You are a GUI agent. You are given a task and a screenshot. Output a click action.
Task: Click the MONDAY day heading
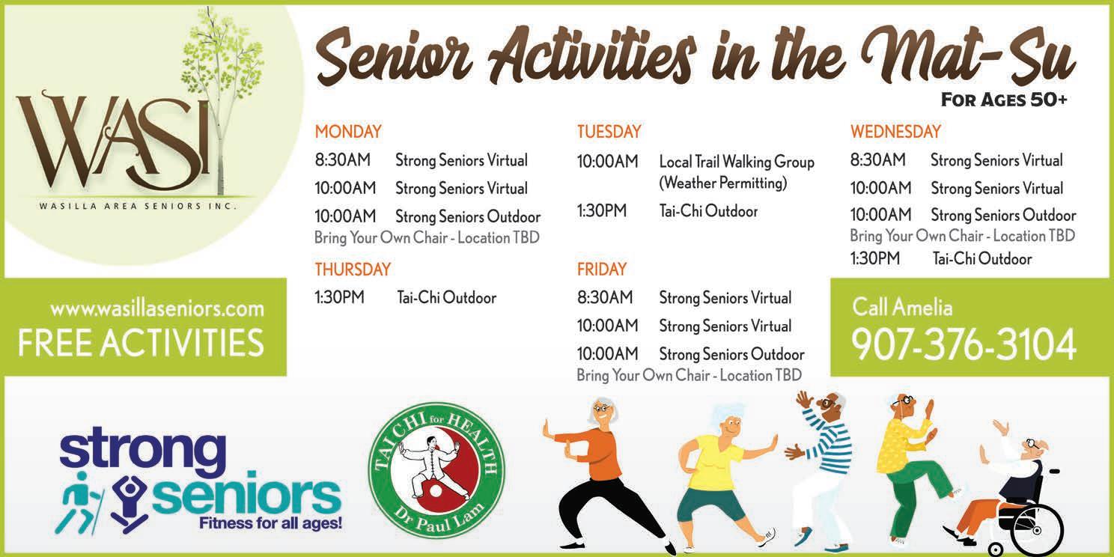(348, 132)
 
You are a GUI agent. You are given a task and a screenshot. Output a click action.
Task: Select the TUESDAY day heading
(609, 132)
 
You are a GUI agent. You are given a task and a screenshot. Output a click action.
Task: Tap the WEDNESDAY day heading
(895, 132)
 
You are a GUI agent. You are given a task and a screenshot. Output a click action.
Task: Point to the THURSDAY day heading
(353, 269)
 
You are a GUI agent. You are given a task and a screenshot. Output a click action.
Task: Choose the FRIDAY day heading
(602, 269)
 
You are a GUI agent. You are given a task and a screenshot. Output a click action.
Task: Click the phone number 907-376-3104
(964, 344)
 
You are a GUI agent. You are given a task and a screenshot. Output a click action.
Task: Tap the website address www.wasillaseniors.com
(157, 309)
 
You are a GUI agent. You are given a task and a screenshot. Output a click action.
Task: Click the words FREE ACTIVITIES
(141, 343)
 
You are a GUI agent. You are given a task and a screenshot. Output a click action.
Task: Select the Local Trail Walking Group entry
(737, 162)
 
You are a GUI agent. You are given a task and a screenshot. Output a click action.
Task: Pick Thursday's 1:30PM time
(340, 297)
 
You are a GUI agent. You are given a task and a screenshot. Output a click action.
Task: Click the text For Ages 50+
(1004, 100)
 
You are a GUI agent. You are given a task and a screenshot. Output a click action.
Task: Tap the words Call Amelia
(902, 307)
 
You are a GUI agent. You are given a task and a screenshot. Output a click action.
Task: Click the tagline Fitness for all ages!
(270, 523)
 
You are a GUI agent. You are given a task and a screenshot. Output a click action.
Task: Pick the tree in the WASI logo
(222, 100)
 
